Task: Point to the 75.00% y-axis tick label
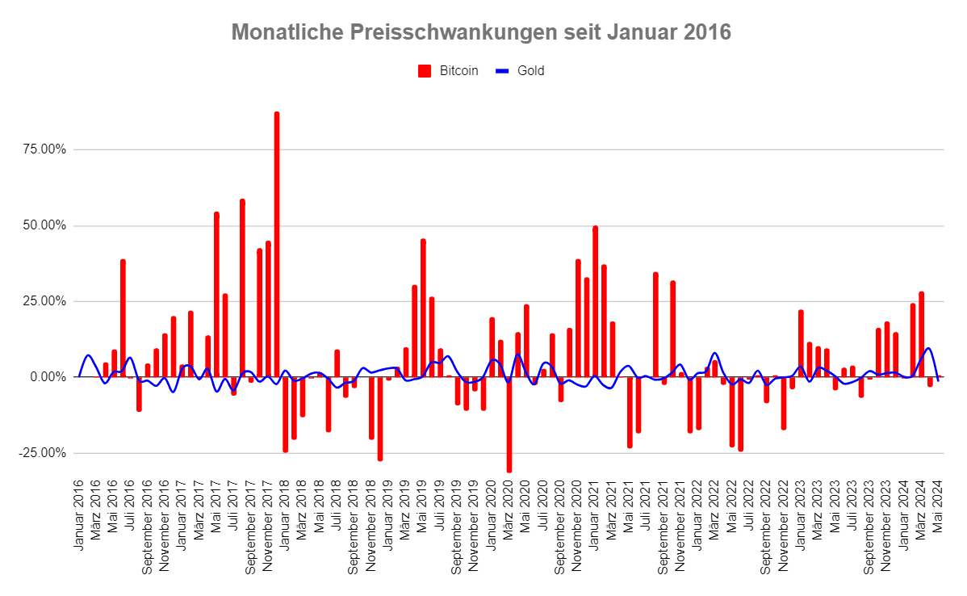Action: click(x=44, y=149)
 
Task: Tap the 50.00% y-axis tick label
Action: click(x=44, y=225)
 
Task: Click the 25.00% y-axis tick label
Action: click(x=44, y=301)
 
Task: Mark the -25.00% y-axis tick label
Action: click(x=43, y=452)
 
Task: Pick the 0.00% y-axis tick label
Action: click(x=48, y=377)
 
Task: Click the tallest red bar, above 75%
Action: click(x=276, y=242)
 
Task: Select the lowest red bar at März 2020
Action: click(x=509, y=424)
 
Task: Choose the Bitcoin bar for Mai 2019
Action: click(x=423, y=307)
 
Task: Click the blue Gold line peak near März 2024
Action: click(x=929, y=348)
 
